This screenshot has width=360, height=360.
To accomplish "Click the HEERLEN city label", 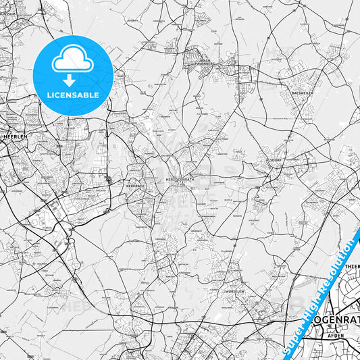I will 14,135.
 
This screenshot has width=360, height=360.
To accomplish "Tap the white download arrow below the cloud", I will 73,80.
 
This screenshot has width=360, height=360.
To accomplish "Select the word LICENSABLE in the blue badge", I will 73,93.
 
